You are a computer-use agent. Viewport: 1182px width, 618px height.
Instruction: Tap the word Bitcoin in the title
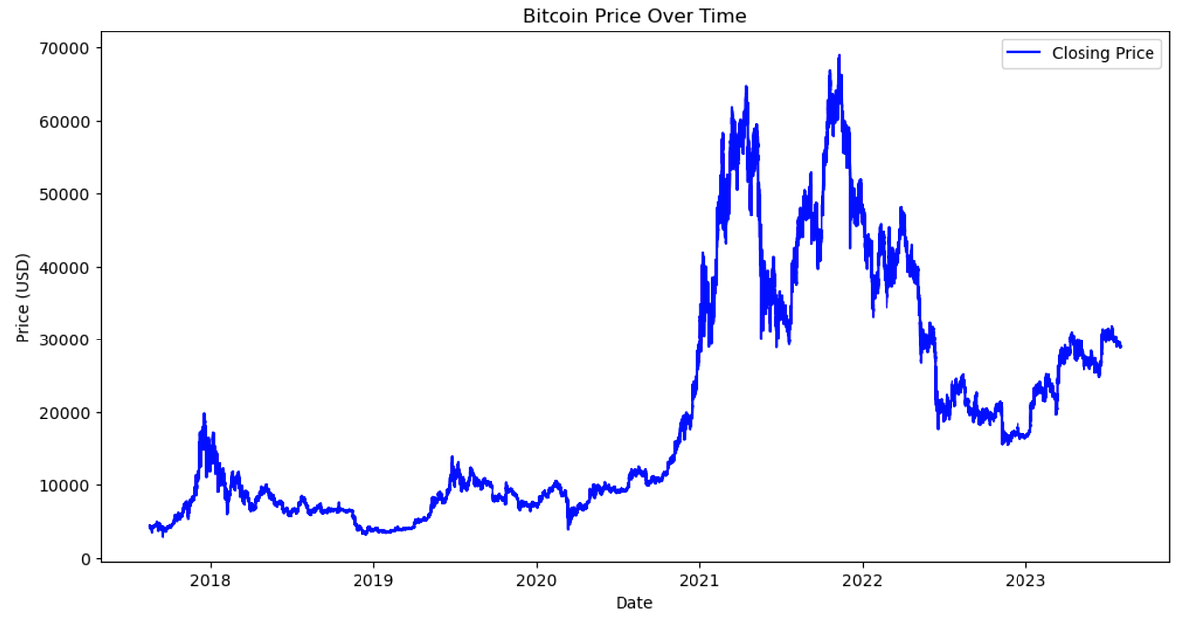point(552,16)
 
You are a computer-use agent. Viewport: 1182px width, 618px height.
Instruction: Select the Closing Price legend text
point(1102,54)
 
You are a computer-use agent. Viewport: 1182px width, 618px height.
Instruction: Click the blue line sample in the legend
point(1023,54)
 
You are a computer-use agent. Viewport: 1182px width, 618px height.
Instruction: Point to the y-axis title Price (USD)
point(23,298)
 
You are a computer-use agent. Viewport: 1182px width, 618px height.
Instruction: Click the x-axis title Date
point(633,602)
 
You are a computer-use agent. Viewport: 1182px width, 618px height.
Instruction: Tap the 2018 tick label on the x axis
point(210,580)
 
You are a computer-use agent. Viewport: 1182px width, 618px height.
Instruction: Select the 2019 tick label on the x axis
point(373,580)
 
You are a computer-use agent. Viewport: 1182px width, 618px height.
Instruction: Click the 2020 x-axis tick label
point(536,580)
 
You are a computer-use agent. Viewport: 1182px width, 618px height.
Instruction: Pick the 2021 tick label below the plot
point(699,580)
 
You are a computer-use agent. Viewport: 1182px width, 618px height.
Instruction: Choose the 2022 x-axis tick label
point(862,580)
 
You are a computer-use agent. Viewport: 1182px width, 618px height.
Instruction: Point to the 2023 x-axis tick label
point(1025,580)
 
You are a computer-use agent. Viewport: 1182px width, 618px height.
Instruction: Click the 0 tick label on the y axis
point(84,558)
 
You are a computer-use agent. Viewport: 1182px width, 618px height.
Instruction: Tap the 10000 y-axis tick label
point(67,485)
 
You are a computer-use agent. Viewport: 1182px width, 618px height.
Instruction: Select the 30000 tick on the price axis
point(67,340)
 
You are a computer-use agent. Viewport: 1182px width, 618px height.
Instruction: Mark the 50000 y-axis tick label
point(67,194)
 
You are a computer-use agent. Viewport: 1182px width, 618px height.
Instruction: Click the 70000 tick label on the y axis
point(67,48)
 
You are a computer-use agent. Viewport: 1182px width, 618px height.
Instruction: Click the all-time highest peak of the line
point(839,56)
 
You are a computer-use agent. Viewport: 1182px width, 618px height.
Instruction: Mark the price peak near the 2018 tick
point(204,414)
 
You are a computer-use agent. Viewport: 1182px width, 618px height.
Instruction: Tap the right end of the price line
point(1120,346)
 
